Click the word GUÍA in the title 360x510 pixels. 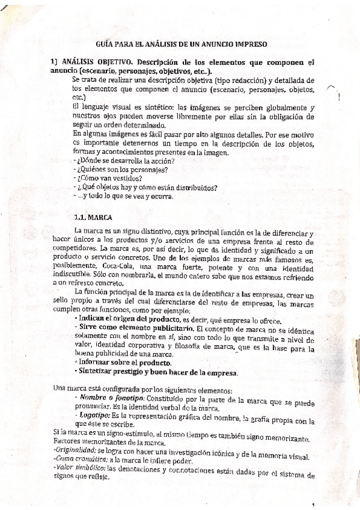tap(105, 44)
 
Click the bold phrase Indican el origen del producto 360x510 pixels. tap(125, 319)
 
